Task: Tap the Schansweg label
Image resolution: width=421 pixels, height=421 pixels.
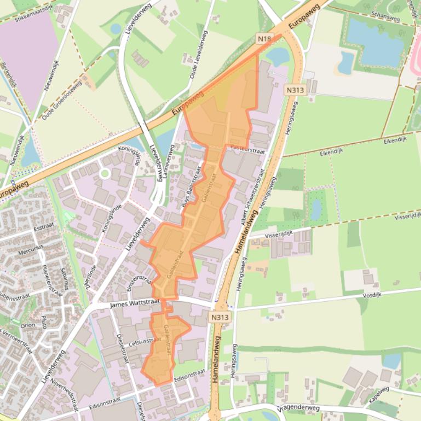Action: coord(385,17)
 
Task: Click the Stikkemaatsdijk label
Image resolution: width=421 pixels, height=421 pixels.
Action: coord(37,11)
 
